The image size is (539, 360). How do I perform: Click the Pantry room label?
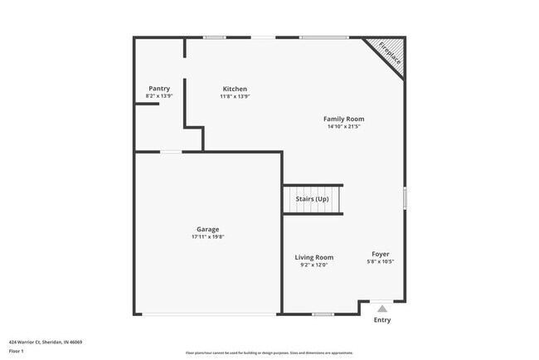159,89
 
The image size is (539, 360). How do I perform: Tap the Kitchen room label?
235,89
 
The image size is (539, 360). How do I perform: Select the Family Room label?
343,119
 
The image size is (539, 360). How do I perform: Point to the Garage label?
207,229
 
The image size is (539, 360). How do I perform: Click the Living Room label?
314,257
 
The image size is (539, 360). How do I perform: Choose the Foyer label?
381,254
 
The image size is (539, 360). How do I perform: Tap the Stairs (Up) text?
313,199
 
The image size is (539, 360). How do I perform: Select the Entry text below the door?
382,320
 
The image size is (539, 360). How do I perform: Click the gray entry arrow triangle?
382,308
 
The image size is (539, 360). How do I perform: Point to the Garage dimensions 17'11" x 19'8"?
207,237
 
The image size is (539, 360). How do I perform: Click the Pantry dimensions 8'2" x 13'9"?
159,96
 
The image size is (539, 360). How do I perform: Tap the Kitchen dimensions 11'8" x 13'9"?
235,96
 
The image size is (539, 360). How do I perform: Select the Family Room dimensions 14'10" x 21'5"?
343,127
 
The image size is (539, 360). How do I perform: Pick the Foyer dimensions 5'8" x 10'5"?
381,261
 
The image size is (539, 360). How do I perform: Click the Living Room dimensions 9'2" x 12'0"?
314,265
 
